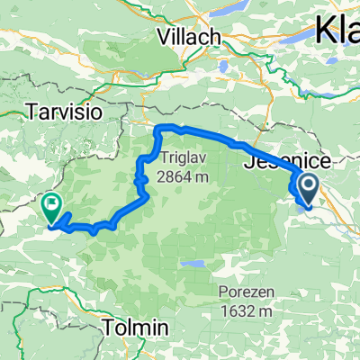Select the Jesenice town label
coord(288,162)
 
